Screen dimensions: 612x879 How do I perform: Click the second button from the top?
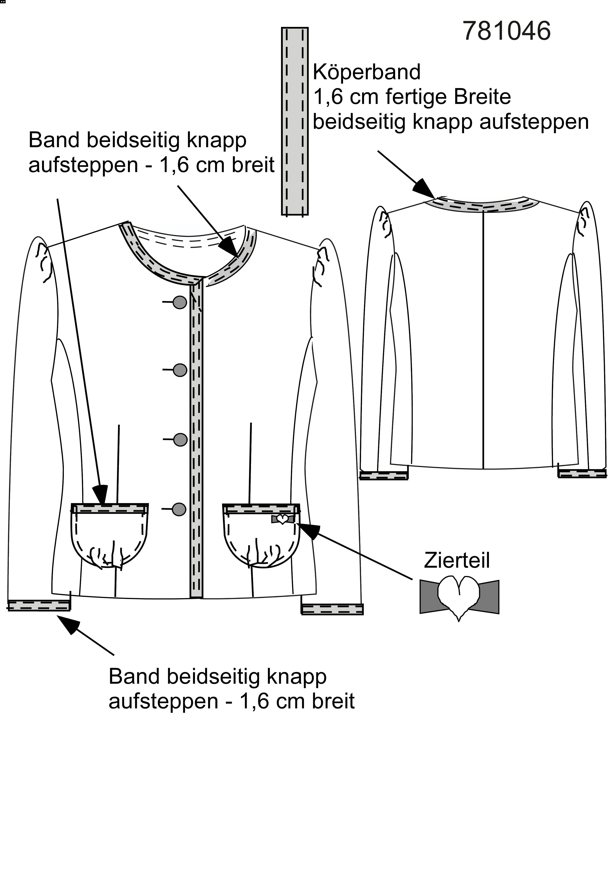click(x=180, y=370)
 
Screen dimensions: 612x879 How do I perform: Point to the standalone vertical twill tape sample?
click(x=295, y=121)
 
